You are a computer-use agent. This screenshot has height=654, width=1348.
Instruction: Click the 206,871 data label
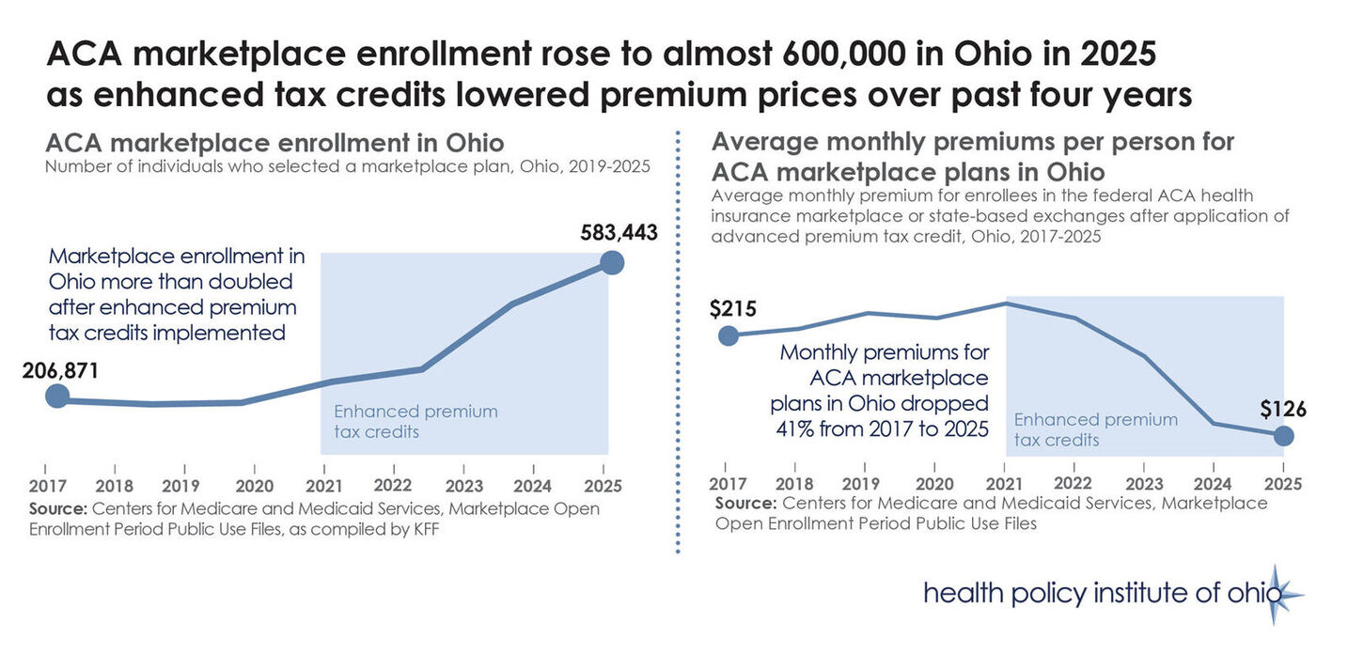coord(61,370)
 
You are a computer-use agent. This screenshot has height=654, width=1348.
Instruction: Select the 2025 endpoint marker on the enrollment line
coord(611,262)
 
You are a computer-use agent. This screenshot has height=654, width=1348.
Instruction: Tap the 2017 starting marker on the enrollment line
coord(57,397)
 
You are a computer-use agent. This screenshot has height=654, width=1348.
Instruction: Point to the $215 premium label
coord(733,309)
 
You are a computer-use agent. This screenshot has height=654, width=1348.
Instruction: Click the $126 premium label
coord(1283,409)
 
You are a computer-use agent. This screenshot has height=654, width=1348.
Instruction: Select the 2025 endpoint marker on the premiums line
coord(1283,436)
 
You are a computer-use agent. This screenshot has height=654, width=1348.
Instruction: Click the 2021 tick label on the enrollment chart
coord(324,486)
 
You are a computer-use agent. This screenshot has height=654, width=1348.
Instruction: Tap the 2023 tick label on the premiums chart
coord(1143,485)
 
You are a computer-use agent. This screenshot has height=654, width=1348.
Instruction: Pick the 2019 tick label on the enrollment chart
coord(181,486)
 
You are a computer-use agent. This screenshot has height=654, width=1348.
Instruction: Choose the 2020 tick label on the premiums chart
coord(934,485)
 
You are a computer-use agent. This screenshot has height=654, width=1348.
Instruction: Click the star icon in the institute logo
coord(1276,594)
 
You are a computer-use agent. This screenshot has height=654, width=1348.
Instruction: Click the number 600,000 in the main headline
coord(861,54)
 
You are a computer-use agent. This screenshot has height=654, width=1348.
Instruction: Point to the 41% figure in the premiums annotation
coord(792,428)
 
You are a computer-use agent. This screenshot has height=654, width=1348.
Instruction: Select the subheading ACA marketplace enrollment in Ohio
coord(274,144)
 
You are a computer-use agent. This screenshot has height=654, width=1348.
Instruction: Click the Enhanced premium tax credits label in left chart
coord(415,421)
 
